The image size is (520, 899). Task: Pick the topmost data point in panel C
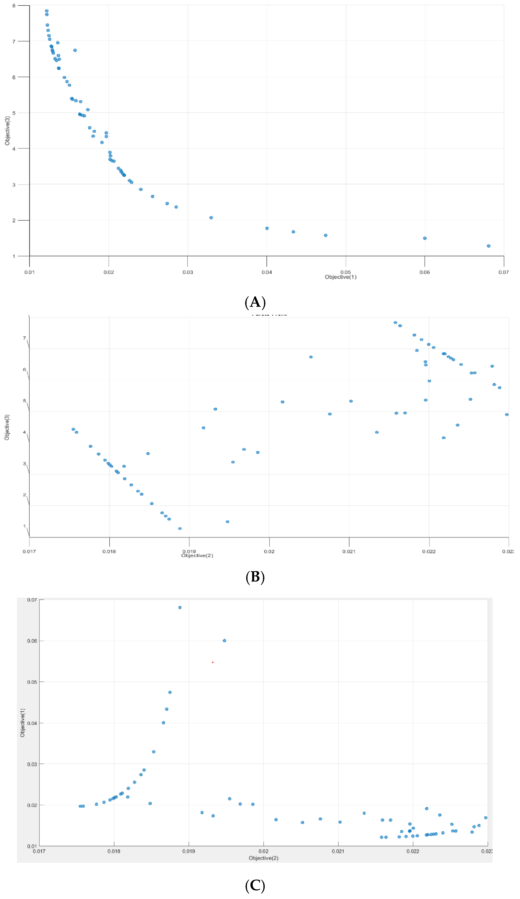point(180,608)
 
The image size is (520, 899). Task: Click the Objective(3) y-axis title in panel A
point(7,131)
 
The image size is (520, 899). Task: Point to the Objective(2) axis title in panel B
point(197,555)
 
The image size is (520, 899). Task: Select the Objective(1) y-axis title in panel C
point(23,723)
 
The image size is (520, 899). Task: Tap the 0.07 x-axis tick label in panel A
point(503,272)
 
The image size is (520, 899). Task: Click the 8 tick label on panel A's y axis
point(14,6)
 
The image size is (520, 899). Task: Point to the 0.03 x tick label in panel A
point(188,272)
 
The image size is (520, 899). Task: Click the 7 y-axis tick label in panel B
point(24,338)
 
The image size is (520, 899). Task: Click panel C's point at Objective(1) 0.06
point(225,641)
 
